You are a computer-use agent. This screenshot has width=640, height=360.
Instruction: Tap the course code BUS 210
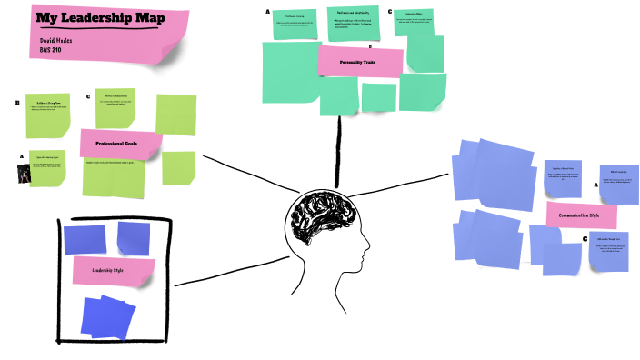click(x=51, y=50)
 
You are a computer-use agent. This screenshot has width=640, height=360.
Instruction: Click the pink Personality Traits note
click(x=360, y=62)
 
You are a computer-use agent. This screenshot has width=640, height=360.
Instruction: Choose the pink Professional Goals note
click(x=121, y=143)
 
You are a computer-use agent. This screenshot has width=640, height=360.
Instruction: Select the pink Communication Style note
click(x=581, y=216)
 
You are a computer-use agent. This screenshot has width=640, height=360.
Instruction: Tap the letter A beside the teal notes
click(x=267, y=12)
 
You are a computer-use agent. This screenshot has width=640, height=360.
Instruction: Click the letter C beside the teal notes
click(x=389, y=12)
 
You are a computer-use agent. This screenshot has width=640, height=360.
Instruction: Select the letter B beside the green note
click(x=16, y=103)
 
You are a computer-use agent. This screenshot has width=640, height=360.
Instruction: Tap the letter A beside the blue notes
click(x=596, y=185)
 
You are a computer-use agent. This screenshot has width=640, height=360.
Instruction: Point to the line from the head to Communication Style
click(x=409, y=185)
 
